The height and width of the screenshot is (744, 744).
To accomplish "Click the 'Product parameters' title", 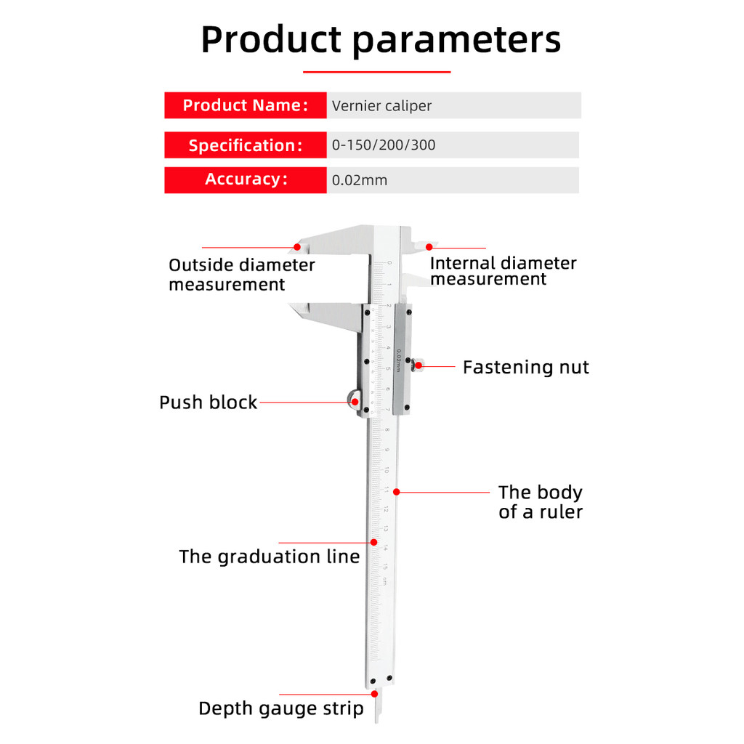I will point(381,39).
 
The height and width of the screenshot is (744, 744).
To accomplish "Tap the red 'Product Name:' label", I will point(245,105).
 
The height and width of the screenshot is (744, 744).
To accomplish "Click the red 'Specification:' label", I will point(245,145).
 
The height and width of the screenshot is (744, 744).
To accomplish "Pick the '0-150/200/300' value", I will point(384,145).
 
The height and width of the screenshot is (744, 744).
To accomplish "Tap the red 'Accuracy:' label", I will point(245,179).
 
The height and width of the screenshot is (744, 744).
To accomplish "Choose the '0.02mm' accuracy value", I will point(360,180).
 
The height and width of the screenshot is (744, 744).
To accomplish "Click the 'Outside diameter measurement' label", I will point(241,275).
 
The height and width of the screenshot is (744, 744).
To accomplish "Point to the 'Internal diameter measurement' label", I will point(503,270).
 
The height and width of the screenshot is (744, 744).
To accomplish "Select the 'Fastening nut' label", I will point(525,367).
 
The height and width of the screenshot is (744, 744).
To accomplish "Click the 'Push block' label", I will point(208,403).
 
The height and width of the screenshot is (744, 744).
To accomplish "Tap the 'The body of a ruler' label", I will point(540,502).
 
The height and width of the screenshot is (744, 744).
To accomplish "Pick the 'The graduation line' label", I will point(269,557).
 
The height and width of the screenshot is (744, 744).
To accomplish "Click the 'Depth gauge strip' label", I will point(280,708).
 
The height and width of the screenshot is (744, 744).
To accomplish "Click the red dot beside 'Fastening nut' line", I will point(417,366).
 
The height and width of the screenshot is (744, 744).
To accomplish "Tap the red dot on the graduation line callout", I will point(374,542).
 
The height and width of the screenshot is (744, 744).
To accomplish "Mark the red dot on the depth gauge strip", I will point(374,695).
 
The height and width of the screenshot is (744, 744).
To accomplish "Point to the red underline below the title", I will point(376,72).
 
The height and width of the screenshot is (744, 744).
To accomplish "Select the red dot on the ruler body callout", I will point(397,492).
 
